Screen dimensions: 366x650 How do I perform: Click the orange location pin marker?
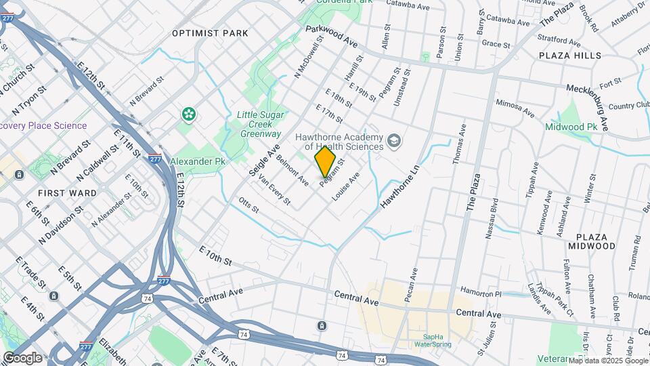325,161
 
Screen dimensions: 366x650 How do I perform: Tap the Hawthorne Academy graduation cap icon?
393,141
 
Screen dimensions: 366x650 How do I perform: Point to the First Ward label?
67,193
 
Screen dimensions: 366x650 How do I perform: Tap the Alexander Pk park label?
197,162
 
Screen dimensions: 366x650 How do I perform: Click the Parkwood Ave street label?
331,36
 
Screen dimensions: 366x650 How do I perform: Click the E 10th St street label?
216,256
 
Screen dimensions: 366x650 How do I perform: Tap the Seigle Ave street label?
264,163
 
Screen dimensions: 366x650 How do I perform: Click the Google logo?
22,357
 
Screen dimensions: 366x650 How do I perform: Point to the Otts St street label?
249,204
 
